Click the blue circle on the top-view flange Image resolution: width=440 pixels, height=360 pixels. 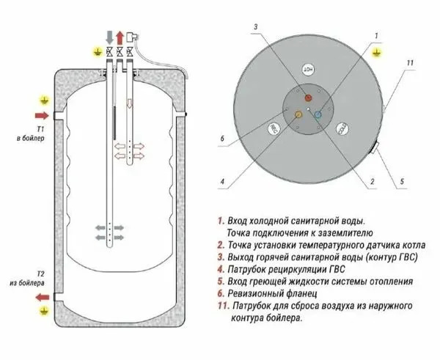tap(317, 114)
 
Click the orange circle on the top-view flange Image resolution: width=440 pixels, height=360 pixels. tap(297, 115)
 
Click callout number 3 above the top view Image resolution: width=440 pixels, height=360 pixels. tap(256, 27)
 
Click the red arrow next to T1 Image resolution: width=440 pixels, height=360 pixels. tap(41, 115)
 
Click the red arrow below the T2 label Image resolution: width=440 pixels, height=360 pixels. tap(43, 297)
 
